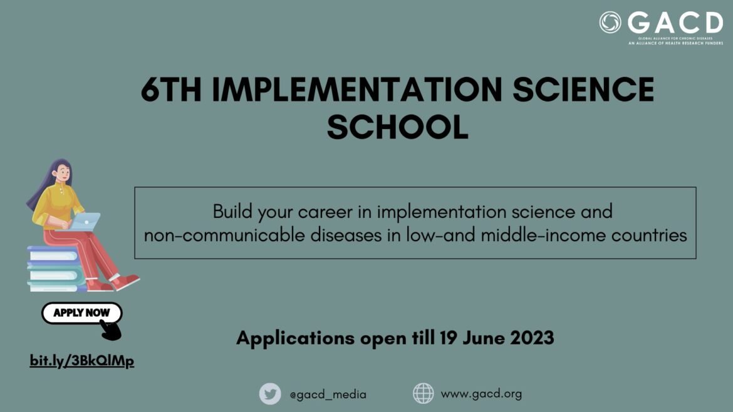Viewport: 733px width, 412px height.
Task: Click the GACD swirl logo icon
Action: [610, 23]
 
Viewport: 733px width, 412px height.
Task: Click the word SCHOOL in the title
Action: [397, 126]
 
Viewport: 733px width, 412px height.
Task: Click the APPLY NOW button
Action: [81, 312]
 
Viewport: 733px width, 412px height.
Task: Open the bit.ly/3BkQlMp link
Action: [82, 361]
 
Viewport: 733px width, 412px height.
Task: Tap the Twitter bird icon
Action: [270, 394]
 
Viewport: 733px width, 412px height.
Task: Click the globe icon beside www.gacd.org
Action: [423, 393]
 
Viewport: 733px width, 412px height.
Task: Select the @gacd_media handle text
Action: [328, 394]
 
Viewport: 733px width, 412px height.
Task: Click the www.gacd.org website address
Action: [481, 394]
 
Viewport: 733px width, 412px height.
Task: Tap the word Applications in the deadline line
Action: [295, 338]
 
